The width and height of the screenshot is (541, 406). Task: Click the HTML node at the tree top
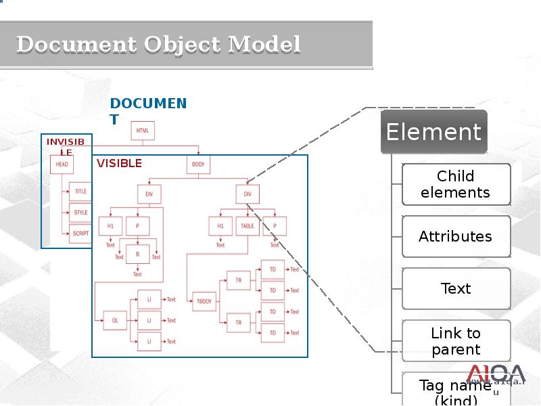coord(143,131)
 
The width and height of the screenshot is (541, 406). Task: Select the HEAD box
coord(62,164)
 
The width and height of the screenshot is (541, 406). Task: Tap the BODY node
coord(198,164)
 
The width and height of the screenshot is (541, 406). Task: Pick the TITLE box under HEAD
coord(80,191)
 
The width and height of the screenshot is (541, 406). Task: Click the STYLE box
coord(80,212)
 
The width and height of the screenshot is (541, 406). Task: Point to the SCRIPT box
coord(80,233)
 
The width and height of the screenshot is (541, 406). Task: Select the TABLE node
coord(248,225)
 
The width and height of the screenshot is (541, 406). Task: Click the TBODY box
coord(204,301)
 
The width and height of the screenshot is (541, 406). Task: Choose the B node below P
coord(137,253)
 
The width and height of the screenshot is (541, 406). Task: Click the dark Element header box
coord(433,132)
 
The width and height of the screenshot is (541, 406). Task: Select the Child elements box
coord(456,184)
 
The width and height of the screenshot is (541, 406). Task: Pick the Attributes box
coord(456,236)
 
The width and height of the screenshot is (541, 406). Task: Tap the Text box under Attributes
coord(456,288)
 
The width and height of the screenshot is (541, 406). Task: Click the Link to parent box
coord(456,341)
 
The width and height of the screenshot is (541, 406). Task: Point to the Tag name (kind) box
coord(456,391)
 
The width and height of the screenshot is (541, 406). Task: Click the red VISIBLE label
coord(119,163)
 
